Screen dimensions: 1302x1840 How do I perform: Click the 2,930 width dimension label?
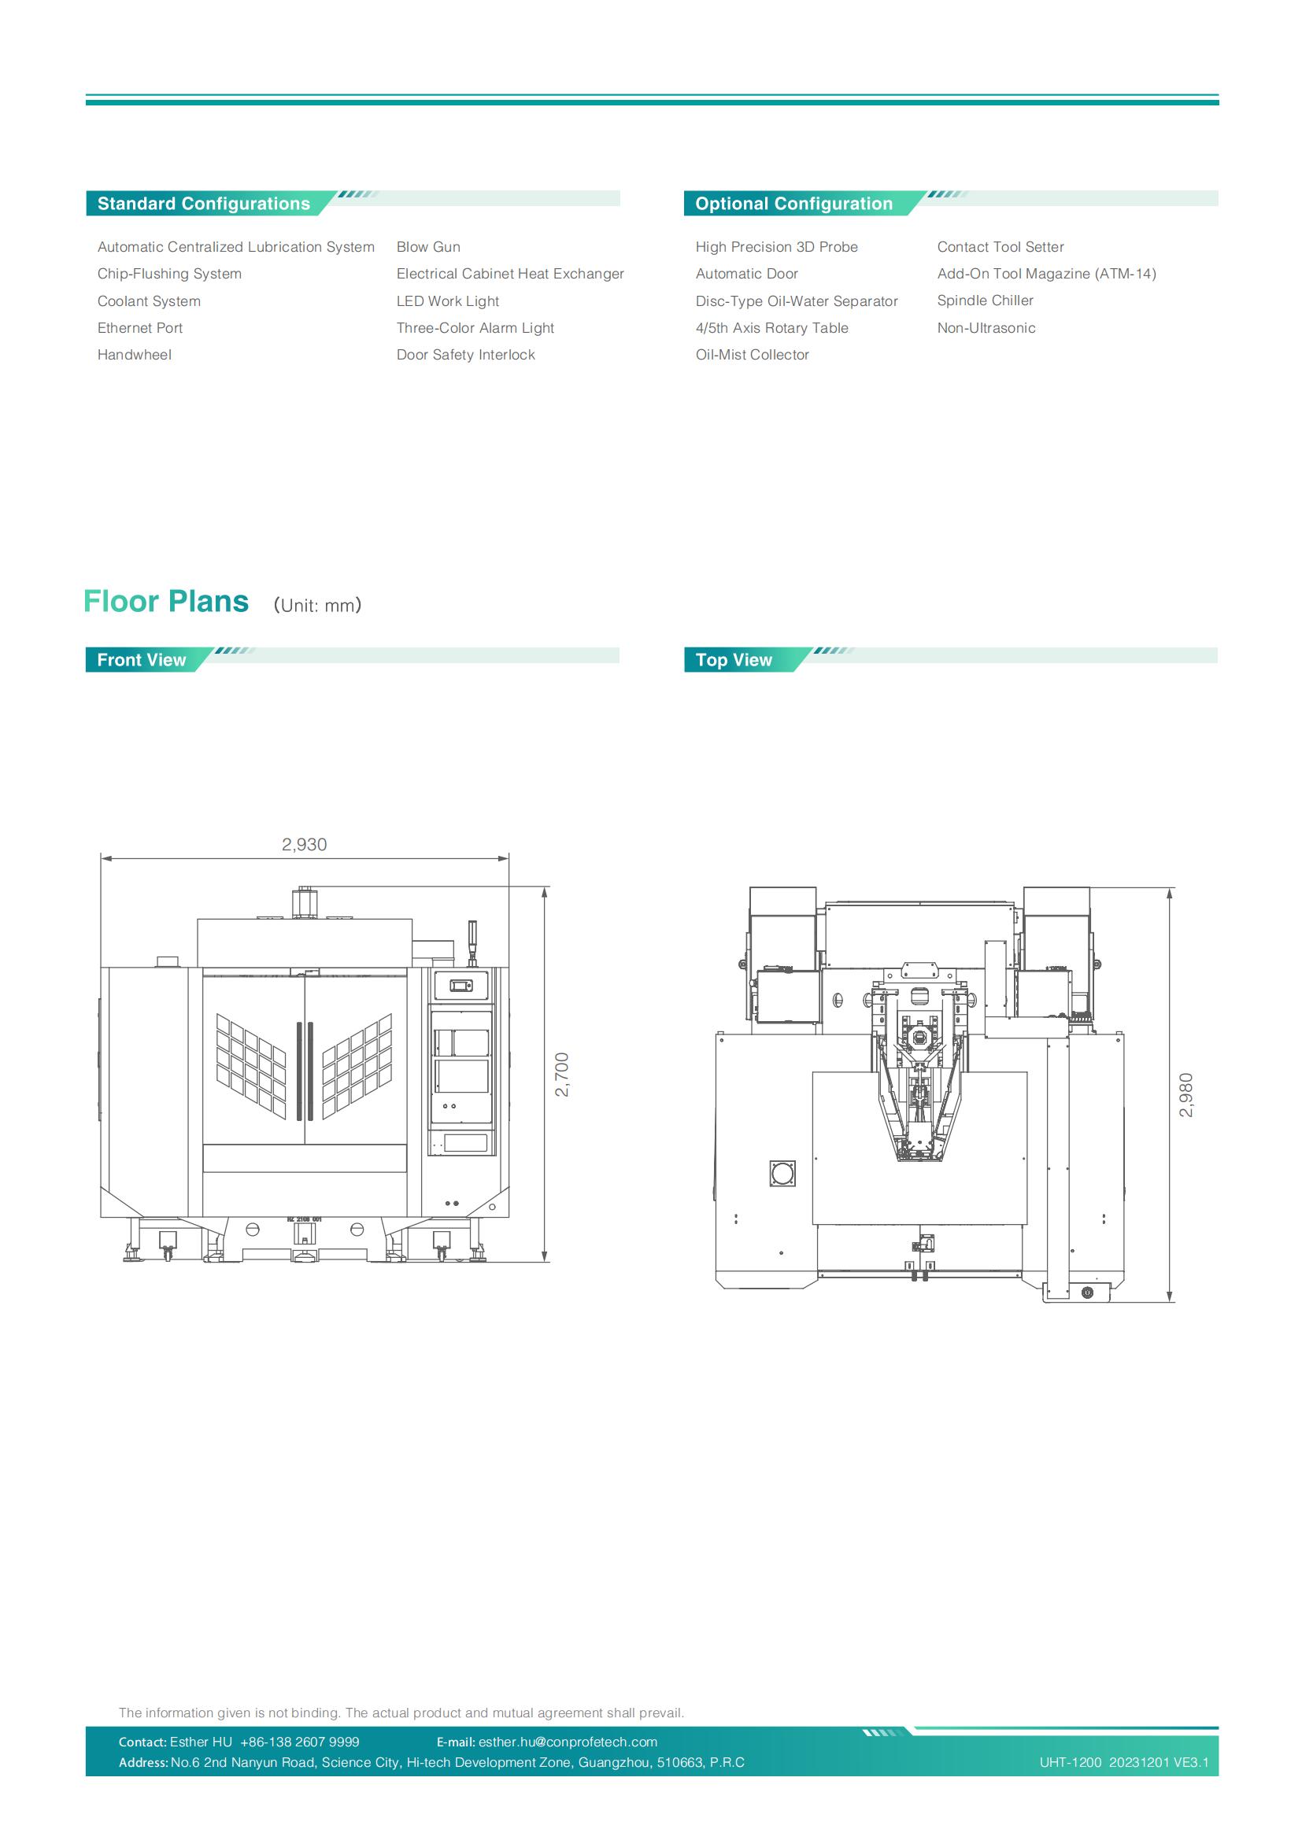pos(304,844)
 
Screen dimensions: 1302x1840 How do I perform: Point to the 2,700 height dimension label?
pos(562,1075)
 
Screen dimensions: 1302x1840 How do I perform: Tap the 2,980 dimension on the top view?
pos(1185,1095)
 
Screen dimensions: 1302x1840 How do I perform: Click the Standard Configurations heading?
pos(204,204)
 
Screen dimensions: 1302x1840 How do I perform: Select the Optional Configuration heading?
pos(793,204)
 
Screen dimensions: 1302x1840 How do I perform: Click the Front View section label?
pos(141,659)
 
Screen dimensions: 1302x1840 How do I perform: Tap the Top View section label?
pos(734,659)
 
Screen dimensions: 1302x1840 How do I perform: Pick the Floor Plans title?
pos(166,601)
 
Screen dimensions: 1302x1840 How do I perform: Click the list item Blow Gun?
pos(428,247)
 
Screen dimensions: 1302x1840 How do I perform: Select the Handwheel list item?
pos(134,354)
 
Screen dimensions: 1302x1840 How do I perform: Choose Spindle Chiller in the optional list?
pos(986,301)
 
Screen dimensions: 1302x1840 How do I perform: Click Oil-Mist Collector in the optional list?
pos(752,354)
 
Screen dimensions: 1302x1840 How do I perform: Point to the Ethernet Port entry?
pos(139,328)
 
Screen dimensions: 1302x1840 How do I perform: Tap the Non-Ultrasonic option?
pos(986,328)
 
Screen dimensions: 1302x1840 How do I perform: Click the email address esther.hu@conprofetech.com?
pos(568,1742)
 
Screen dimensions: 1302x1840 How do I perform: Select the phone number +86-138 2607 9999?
pos(300,1742)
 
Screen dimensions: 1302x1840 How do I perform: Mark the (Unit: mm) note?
pos(317,605)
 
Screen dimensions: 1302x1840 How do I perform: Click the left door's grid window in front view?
pos(251,1067)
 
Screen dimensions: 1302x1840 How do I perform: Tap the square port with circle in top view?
pos(782,1173)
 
